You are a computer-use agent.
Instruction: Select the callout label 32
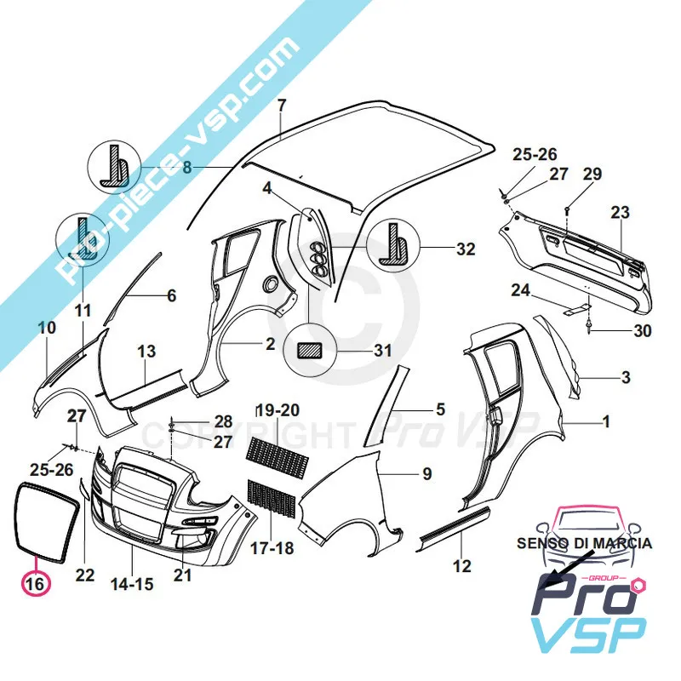tap(466, 250)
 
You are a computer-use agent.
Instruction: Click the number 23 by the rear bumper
tap(620, 212)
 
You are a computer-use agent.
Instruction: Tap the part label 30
tap(630, 332)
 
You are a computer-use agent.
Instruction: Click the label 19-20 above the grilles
tap(278, 410)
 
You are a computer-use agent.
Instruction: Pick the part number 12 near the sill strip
tap(461, 564)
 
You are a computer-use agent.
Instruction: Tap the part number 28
tap(222, 421)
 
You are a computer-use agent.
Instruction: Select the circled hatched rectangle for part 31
tap(310, 350)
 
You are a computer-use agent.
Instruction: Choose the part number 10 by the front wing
tap(48, 328)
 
